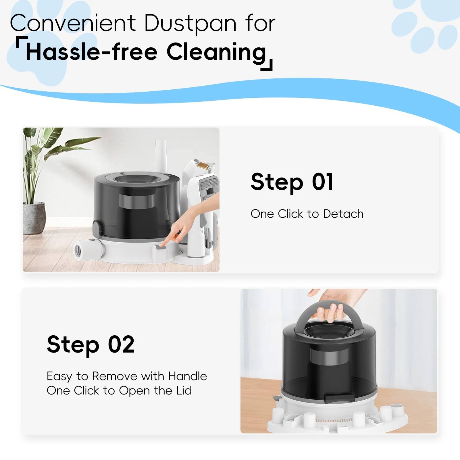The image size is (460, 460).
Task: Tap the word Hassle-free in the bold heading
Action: click(x=91, y=52)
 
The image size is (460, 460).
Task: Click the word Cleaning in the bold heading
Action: click(x=216, y=52)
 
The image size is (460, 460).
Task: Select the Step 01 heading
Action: click(x=292, y=182)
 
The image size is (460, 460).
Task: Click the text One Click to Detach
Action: click(x=307, y=214)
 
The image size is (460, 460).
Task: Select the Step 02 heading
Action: click(x=91, y=344)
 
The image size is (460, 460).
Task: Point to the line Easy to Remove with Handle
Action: click(x=127, y=376)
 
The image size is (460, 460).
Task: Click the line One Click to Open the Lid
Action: click(x=119, y=390)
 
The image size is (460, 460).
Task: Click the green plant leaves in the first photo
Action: click(x=43, y=155)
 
